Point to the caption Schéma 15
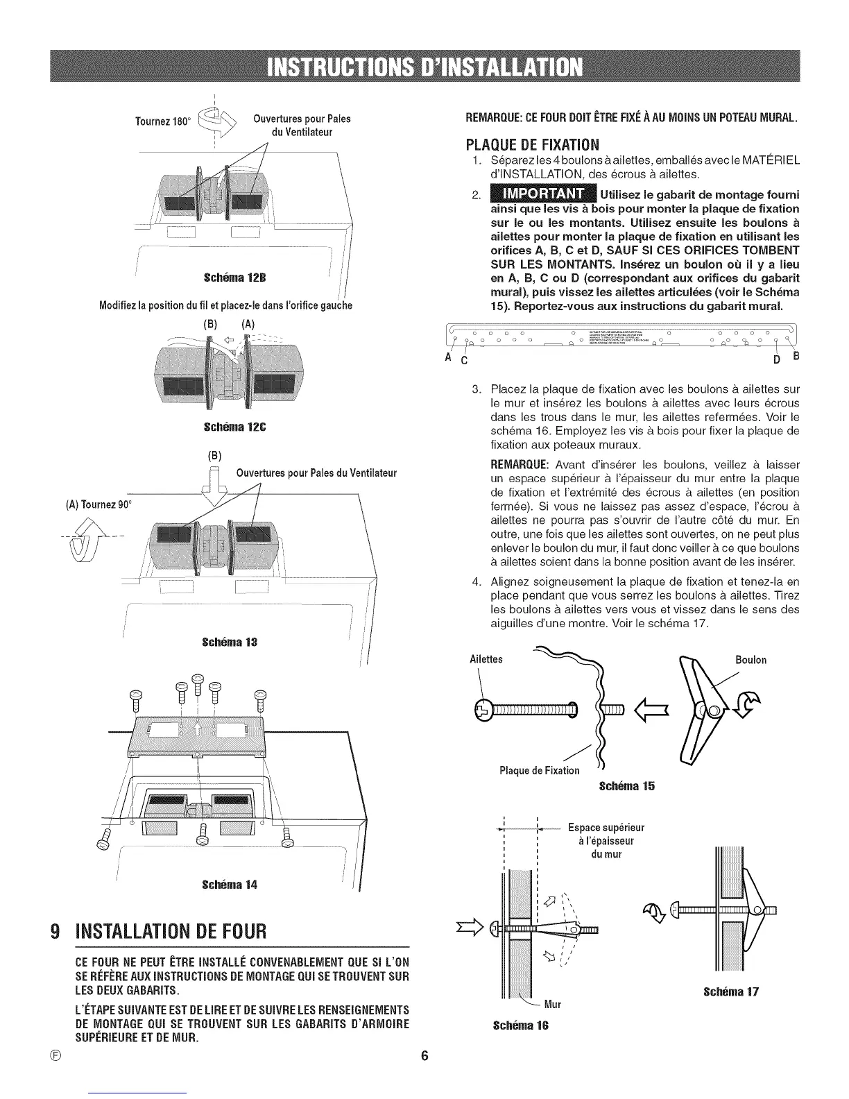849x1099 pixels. (626, 786)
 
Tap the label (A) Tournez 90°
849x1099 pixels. (101, 503)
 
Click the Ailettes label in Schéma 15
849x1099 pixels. (486, 660)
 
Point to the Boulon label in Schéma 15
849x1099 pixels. (751, 660)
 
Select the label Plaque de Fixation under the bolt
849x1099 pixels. (539, 771)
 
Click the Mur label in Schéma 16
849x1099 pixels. (552, 1004)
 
